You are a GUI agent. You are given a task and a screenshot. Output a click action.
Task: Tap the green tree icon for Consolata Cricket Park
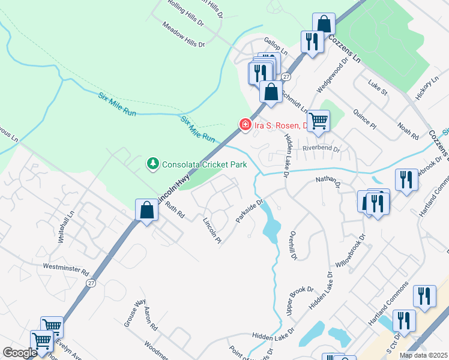(153, 163)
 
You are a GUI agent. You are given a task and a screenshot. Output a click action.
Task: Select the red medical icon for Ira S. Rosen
(245, 125)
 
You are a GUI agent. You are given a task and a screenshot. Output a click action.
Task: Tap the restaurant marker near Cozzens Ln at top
(311, 42)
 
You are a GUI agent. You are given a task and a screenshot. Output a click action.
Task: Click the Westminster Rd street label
(66, 268)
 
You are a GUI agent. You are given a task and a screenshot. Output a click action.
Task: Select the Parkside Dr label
(250, 211)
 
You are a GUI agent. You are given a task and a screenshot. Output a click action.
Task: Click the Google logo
(20, 353)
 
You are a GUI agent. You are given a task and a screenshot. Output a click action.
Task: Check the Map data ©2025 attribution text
(424, 355)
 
